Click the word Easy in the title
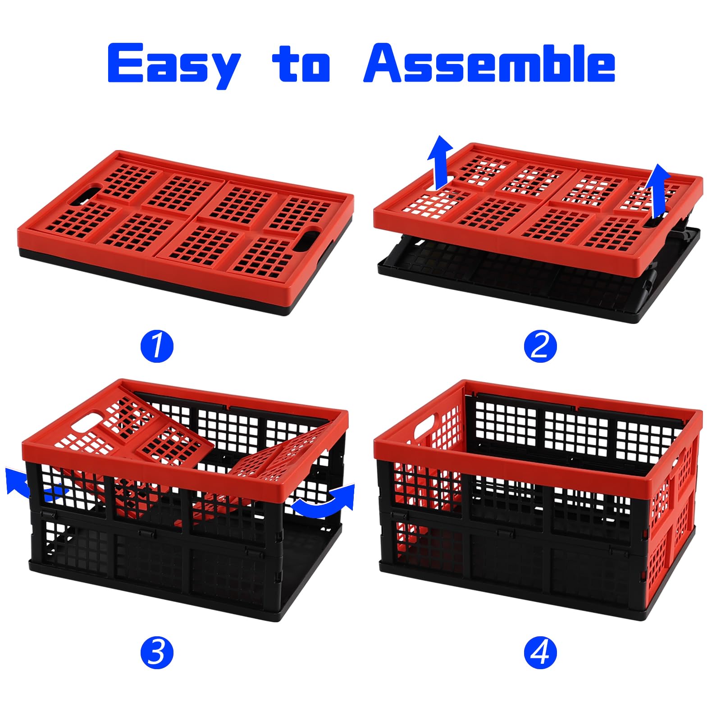174,65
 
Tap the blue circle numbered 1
157,346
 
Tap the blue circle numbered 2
540,346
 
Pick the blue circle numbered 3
157,652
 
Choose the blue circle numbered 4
540,652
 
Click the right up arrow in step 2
659,192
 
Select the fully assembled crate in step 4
538,500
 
